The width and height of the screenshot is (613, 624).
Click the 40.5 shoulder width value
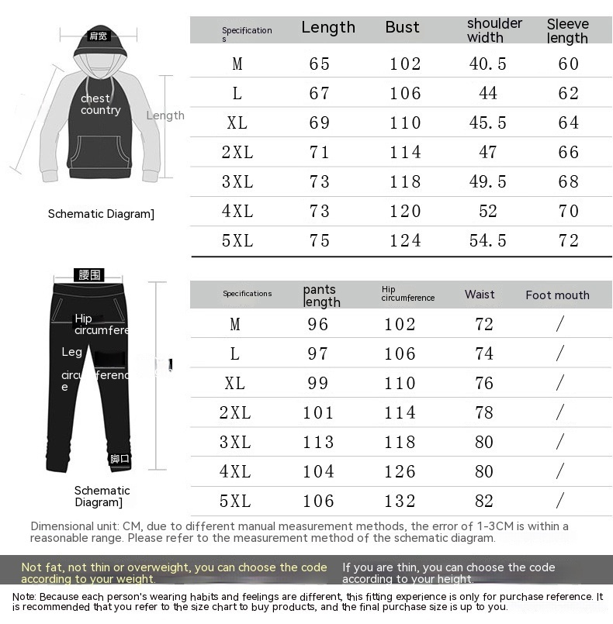(487, 64)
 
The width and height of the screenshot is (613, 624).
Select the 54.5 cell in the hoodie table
(487, 240)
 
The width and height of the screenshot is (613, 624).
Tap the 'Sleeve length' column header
(568, 31)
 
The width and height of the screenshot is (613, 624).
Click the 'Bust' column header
(402, 27)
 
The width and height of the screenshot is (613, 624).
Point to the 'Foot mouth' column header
(557, 295)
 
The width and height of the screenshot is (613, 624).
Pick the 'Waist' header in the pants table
(480, 294)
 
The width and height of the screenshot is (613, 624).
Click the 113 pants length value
(318, 442)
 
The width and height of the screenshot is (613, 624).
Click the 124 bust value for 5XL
(405, 240)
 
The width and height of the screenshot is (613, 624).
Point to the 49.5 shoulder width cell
(487, 181)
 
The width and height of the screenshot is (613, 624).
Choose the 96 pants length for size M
(318, 324)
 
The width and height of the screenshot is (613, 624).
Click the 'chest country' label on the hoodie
(100, 104)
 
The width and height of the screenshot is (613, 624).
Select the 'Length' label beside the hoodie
(165, 115)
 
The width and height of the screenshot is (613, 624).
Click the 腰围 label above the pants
(89, 274)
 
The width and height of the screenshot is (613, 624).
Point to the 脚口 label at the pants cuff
(119, 459)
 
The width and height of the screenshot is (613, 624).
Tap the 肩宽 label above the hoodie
(99, 36)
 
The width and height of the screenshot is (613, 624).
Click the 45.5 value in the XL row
(487, 122)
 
